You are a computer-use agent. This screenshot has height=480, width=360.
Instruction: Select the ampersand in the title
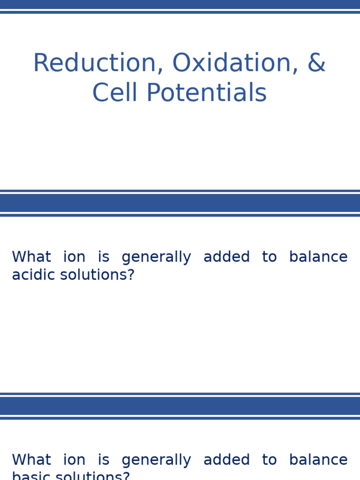(x=316, y=63)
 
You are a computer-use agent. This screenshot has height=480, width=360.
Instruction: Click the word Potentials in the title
(x=206, y=93)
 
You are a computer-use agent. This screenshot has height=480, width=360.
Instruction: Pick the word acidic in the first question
(x=30, y=275)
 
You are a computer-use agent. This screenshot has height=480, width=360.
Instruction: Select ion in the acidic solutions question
(x=74, y=257)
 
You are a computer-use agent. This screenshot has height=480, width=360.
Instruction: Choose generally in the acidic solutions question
(x=156, y=257)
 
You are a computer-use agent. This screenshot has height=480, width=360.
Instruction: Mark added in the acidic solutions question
(x=226, y=257)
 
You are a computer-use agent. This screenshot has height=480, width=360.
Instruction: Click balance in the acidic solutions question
(x=318, y=257)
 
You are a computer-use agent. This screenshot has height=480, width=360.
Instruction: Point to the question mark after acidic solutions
(x=131, y=275)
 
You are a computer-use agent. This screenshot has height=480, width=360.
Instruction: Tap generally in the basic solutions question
(x=156, y=460)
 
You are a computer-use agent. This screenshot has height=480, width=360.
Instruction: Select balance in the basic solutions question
(x=318, y=460)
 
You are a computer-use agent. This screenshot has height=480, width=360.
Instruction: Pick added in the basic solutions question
(x=226, y=460)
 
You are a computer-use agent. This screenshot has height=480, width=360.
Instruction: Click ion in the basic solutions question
(x=74, y=460)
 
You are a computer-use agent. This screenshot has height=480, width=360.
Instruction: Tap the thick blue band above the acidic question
(x=180, y=203)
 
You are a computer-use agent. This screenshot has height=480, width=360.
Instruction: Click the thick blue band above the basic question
(x=180, y=406)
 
